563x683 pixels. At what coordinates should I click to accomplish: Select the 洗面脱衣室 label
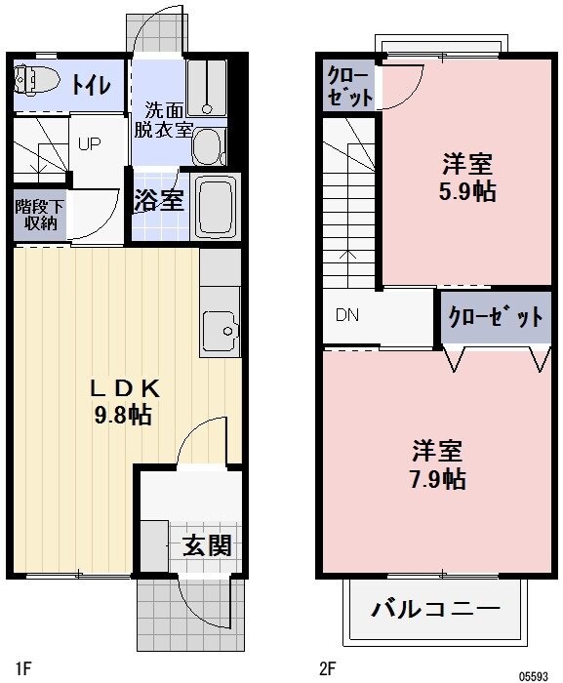[x=162, y=119]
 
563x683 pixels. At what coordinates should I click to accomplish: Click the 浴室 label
[x=158, y=201]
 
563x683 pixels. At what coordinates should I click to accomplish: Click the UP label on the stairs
[x=89, y=143]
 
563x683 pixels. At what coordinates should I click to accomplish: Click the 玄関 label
[x=206, y=544]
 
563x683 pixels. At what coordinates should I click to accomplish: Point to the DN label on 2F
[x=347, y=315]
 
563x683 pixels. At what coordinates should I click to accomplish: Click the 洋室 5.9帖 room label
[x=466, y=177]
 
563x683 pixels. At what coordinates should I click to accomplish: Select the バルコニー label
[x=435, y=611]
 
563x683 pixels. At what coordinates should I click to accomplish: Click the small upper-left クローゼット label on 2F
[x=348, y=86]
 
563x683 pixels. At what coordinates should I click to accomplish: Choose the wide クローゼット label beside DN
[x=496, y=317]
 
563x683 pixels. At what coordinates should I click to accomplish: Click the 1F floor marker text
[x=23, y=668]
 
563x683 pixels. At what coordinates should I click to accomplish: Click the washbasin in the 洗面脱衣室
[x=207, y=146]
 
